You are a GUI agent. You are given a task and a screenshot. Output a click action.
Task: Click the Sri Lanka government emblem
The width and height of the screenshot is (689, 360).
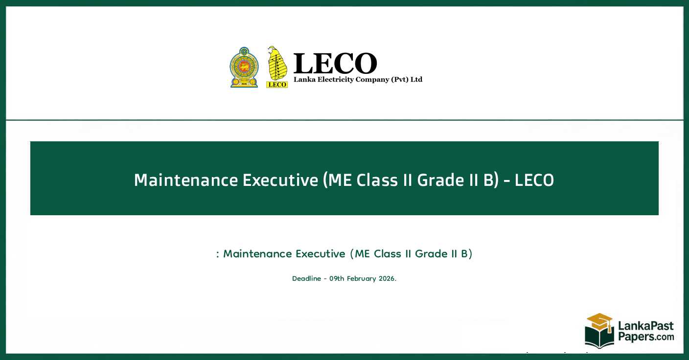click(x=244, y=67)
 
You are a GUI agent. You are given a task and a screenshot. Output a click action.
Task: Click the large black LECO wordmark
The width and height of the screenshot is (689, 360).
click(x=335, y=64)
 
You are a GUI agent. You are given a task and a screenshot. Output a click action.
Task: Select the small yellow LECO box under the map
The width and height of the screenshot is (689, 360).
click(x=277, y=85)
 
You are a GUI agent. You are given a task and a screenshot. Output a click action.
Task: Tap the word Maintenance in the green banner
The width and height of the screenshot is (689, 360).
click(x=186, y=180)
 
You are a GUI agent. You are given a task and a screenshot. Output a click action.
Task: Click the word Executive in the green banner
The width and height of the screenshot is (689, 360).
click(x=280, y=180)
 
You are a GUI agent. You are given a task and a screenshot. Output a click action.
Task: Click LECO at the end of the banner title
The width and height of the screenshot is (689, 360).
click(x=534, y=180)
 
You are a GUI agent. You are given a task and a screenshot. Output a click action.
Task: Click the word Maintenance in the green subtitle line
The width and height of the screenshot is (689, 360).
click(x=257, y=254)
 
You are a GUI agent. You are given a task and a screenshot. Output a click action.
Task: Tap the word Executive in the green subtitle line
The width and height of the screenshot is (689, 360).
click(x=321, y=254)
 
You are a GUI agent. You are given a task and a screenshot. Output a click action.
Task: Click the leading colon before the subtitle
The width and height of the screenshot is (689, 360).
click(x=217, y=254)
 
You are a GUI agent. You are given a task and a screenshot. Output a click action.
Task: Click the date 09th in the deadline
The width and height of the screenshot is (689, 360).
click(x=337, y=278)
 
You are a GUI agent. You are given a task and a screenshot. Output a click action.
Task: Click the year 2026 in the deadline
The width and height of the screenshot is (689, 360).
click(x=387, y=278)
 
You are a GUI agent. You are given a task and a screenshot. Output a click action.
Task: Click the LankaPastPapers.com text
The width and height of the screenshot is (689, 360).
click(x=646, y=331)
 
